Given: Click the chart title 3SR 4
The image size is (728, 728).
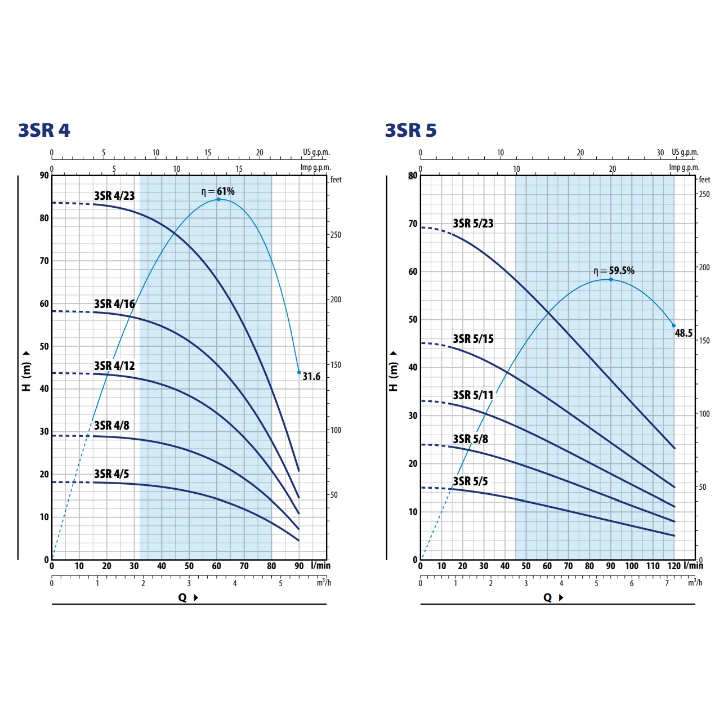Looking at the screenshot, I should (x=44, y=130).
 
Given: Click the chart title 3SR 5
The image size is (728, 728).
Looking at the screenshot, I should (x=410, y=130).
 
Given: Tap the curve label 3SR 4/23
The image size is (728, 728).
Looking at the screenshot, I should (x=114, y=196).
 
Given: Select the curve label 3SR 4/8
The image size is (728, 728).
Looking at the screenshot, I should (x=111, y=426).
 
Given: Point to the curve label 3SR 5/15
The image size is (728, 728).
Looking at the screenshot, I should (x=473, y=339).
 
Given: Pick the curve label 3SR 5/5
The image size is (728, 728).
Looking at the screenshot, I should (x=470, y=481).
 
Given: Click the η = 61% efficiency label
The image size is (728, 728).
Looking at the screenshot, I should (x=218, y=191).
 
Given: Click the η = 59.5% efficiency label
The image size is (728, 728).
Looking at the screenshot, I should (x=614, y=271).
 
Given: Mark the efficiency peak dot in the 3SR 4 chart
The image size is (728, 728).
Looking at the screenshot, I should (x=219, y=199).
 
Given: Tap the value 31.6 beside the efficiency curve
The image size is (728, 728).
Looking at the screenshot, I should (x=311, y=377).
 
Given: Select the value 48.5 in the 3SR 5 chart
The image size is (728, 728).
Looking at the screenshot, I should (x=684, y=333).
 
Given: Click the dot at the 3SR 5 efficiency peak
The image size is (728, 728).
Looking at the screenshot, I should (x=610, y=279).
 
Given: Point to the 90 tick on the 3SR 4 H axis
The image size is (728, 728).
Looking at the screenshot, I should (x=44, y=175).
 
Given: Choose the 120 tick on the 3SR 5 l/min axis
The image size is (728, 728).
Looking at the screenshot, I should (x=673, y=566).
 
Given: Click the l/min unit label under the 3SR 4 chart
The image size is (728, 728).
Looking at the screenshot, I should (x=320, y=565).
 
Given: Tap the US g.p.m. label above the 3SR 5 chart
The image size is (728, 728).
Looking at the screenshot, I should (x=685, y=152).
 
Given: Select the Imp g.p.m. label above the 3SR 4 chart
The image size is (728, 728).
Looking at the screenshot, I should (x=315, y=167).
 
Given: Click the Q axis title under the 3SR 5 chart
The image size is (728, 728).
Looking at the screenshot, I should (x=548, y=597).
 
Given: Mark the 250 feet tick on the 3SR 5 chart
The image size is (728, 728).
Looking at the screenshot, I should (x=704, y=194).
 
